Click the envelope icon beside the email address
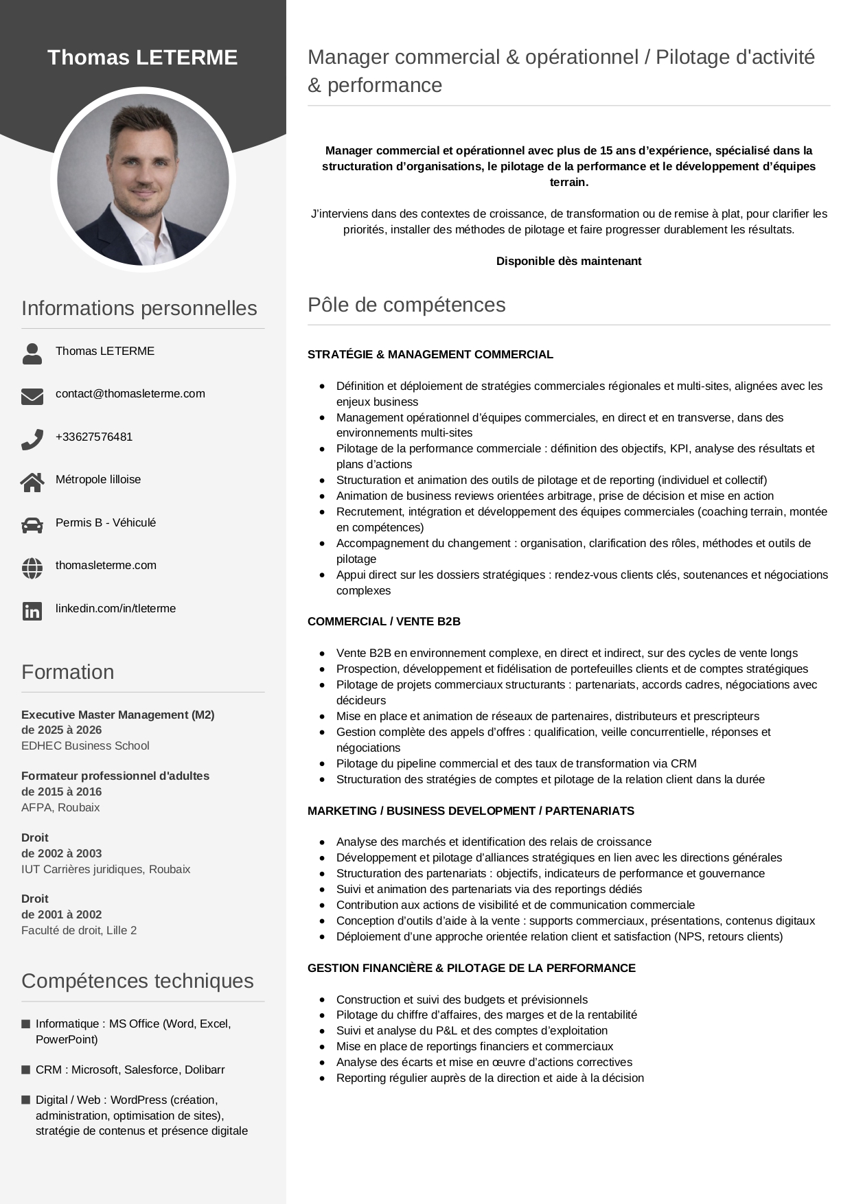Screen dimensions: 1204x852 tap(32, 396)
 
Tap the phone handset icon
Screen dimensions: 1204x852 tap(32, 439)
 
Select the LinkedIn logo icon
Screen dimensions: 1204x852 tap(32, 611)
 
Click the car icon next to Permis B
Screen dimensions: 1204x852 tap(32, 525)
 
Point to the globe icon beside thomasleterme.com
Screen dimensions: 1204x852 tap(32, 568)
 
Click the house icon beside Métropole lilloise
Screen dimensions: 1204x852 tap(32, 483)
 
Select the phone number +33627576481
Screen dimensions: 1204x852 tap(94, 437)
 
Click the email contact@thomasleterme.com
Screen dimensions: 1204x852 tap(130, 393)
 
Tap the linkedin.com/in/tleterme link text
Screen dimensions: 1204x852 tap(115, 608)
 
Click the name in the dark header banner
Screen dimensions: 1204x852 tap(142, 58)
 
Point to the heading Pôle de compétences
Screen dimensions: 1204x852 tap(406, 305)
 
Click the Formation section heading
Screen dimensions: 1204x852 tap(67, 672)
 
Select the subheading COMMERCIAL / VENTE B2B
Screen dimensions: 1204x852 tap(384, 621)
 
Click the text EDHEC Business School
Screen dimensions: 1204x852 tap(85, 745)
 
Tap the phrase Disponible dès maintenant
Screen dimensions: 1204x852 tap(568, 261)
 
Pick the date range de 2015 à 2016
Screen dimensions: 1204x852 tap(61, 791)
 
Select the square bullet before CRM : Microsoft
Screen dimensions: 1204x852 tap(26, 1069)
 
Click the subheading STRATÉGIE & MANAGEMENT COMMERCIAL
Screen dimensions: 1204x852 tap(430, 354)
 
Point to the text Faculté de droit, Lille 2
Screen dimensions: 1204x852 tap(79, 930)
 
